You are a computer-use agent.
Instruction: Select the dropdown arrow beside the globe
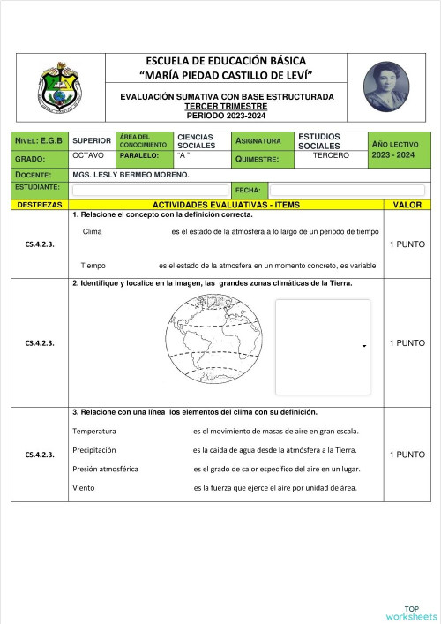click(363, 347)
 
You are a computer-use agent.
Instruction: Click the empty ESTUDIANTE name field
click(149, 190)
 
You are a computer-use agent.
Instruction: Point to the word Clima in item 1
click(92, 231)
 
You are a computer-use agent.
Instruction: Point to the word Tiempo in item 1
click(93, 265)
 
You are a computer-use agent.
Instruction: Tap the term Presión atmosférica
click(105, 469)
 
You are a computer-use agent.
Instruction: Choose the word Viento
click(84, 487)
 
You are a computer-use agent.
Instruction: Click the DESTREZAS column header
click(39, 205)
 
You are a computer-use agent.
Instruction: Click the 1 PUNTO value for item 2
click(407, 343)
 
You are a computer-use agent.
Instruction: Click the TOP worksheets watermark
click(411, 613)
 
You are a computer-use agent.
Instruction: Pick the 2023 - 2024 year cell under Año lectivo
click(392, 155)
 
